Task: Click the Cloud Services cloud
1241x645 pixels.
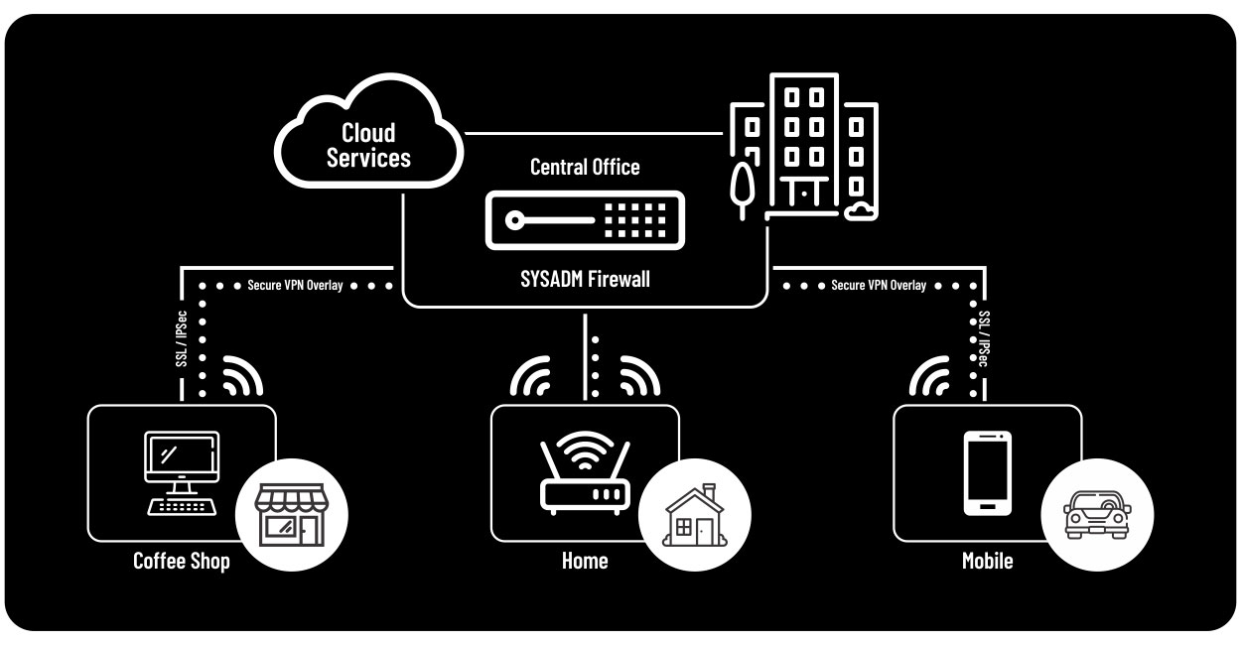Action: click(368, 145)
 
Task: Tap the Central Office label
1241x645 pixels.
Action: click(585, 167)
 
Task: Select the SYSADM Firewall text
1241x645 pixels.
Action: click(586, 279)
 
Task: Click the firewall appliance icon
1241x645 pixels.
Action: click(585, 221)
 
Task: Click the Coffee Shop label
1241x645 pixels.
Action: click(182, 562)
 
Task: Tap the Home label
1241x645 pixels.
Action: click(585, 562)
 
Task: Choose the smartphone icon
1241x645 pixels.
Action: click(988, 472)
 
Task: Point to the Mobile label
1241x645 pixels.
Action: click(988, 562)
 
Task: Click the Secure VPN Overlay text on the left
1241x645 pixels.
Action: click(295, 286)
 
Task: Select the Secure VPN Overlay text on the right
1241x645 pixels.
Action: click(879, 286)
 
